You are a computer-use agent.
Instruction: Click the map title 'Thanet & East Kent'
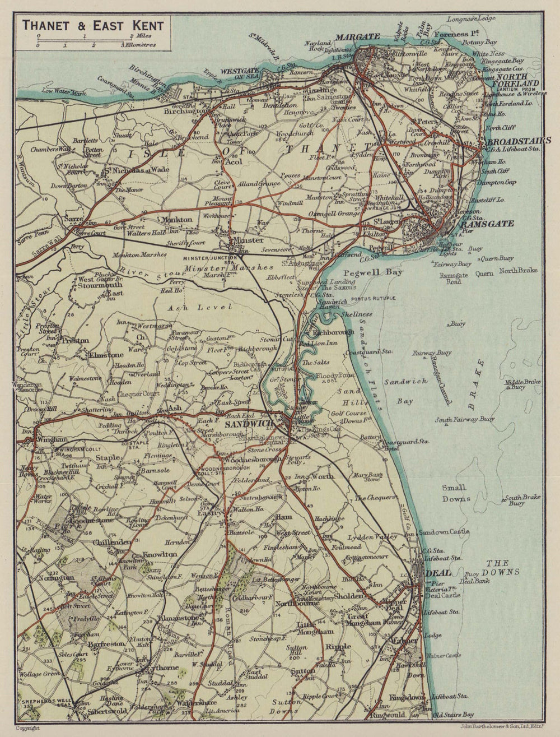pyautogui.click(x=93, y=25)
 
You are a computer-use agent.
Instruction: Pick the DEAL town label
pyautogui.click(x=438, y=573)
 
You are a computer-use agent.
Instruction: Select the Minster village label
pyautogui.click(x=248, y=240)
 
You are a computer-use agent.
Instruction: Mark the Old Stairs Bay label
pyautogui.click(x=454, y=715)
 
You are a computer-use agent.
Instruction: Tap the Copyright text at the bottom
pyautogui.click(x=28, y=728)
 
